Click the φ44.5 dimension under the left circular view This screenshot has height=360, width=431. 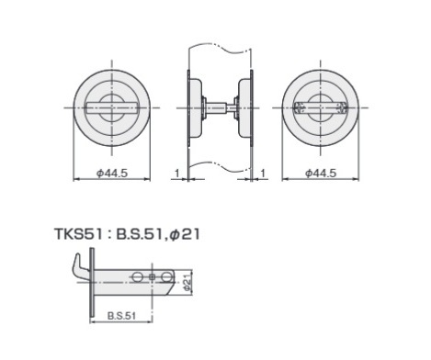(112, 174)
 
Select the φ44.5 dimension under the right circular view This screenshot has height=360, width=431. (321, 174)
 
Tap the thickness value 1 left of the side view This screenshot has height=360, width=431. (176, 174)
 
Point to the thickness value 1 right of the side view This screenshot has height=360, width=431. (263, 174)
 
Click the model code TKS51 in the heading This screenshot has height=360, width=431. (78, 234)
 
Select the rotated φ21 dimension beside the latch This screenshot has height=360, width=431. (187, 282)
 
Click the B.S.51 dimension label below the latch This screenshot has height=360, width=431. (121, 316)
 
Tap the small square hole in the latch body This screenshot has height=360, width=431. (153, 277)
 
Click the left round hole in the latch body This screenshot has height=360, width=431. (138, 277)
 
